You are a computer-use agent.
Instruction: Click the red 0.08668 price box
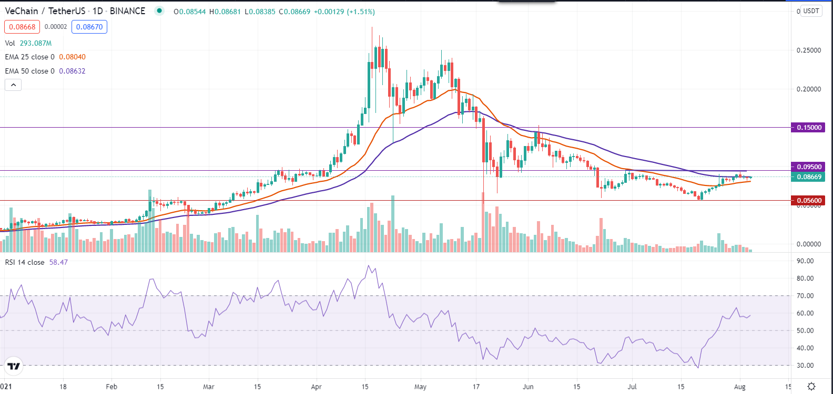click(22, 27)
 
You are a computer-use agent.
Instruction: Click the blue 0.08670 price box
click(89, 27)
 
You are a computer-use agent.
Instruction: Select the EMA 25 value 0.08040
click(72, 57)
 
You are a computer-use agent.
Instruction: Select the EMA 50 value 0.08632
click(72, 71)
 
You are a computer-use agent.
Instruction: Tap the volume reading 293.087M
click(36, 43)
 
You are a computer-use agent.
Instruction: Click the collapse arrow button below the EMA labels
click(13, 85)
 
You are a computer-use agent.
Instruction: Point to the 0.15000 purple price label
click(808, 127)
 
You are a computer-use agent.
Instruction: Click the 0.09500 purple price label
click(808, 167)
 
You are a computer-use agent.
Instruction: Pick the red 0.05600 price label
click(808, 200)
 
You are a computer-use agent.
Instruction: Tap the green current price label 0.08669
click(808, 177)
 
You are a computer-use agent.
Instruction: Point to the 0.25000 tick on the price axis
click(809, 50)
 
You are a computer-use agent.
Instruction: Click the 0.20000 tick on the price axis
click(809, 89)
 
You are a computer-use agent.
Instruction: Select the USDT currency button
click(811, 11)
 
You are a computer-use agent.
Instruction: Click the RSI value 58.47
click(58, 262)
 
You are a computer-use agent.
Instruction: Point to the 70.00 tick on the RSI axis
click(805, 296)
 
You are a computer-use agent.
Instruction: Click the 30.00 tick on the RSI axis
click(805, 366)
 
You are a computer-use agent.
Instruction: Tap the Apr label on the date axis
click(316, 387)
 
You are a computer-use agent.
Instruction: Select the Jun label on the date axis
click(528, 387)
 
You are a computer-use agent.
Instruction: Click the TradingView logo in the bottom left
click(14, 366)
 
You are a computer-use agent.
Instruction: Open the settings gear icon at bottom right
click(811, 387)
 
